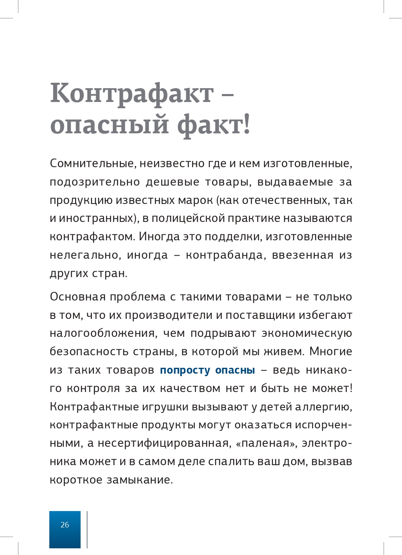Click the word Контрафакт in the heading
click(x=132, y=94)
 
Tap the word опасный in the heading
click(x=109, y=125)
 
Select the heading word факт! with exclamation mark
click(x=214, y=125)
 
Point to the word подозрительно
click(x=95, y=182)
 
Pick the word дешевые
click(x=173, y=182)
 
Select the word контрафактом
click(x=92, y=237)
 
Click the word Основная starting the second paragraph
click(x=78, y=297)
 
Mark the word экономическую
click(x=307, y=334)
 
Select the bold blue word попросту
click(x=185, y=370)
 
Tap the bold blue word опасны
click(x=235, y=370)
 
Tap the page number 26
click(x=65, y=525)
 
